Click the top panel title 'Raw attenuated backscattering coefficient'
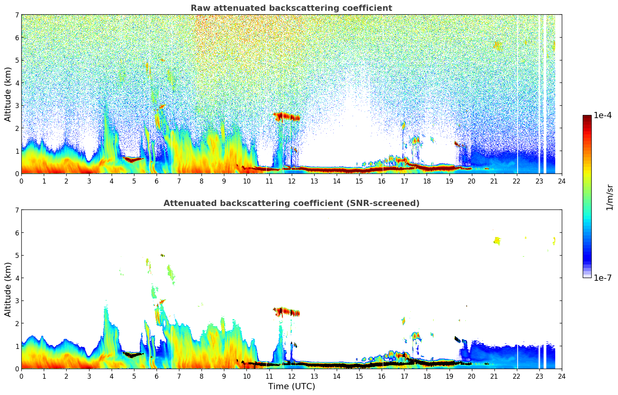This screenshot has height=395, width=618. pos(291,8)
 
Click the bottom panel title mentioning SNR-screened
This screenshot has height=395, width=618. pos(291,203)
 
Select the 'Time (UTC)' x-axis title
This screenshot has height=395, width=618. pos(291,386)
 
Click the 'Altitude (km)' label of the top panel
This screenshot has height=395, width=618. pos(8,94)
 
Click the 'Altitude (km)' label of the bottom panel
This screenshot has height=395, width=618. pos(8,289)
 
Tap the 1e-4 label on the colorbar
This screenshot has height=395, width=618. pos(603,115)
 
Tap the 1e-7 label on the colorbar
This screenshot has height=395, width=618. pos(603,278)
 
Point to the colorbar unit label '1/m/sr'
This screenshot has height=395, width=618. pos(609,197)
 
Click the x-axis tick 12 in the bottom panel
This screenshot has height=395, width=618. pos(291,376)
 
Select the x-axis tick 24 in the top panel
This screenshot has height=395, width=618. pos(561,181)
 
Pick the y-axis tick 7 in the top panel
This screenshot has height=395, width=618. pos(17,15)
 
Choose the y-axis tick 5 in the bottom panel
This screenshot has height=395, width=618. pos(17,256)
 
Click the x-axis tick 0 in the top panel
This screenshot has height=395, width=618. pos(21,181)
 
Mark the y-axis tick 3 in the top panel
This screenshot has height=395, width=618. pos(17,106)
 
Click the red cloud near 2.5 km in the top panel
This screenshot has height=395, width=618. pos(287,116)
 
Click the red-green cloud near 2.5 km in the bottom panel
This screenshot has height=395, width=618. pos(287,312)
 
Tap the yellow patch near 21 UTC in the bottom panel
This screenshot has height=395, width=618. pos(497,240)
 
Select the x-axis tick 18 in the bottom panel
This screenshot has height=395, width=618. pos(427,376)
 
